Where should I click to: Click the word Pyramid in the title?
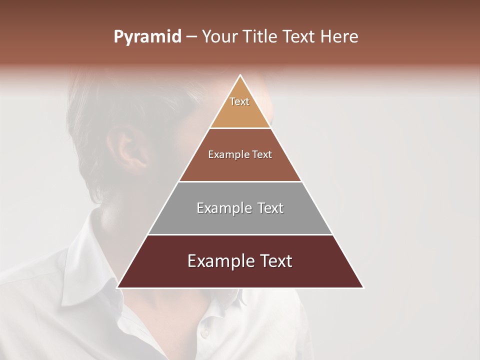pyautogui.click(x=147, y=37)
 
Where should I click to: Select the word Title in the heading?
pyautogui.click(x=262, y=37)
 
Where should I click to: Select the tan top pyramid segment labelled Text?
pyautogui.click(x=240, y=107)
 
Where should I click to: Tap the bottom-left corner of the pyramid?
pyautogui.click(x=118, y=287)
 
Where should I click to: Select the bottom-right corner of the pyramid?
pyautogui.click(x=363, y=287)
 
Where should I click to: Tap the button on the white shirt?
pyautogui.click(x=203, y=332)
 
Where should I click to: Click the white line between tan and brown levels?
pyautogui.click(x=240, y=128)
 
